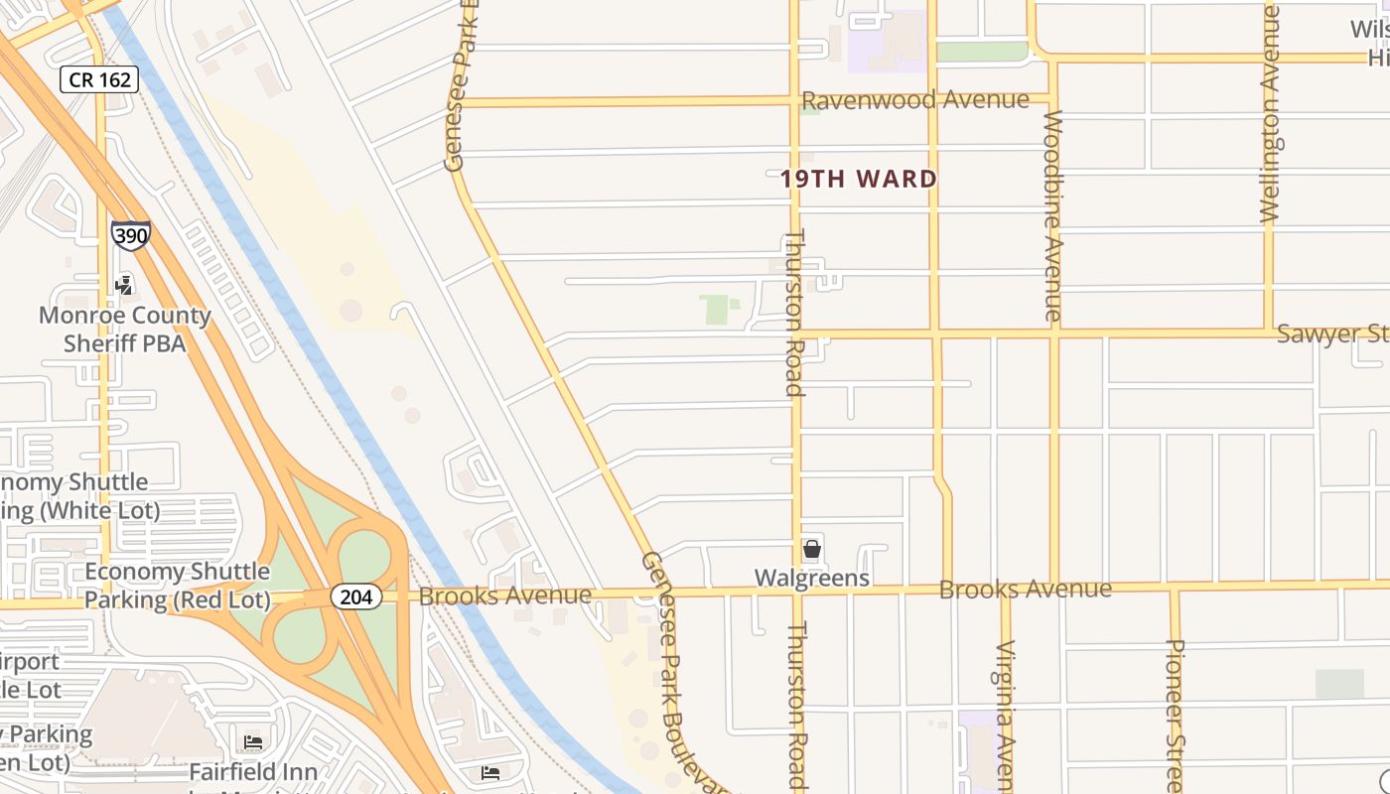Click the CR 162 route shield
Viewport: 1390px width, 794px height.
tap(99, 79)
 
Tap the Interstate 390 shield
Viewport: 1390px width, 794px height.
tap(130, 235)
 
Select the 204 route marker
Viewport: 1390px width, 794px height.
tap(355, 596)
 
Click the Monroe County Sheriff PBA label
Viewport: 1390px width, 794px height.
tap(125, 330)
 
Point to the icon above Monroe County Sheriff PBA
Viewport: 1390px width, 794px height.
tap(124, 286)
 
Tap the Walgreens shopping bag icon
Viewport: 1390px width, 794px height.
tap(812, 548)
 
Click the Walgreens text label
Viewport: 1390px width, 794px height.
tap(812, 578)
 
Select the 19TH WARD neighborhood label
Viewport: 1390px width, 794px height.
tap(859, 180)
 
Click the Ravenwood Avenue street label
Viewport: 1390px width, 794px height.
tap(914, 100)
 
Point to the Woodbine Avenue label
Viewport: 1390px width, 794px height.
tap(1053, 215)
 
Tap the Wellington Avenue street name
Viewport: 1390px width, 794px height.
tap(1269, 113)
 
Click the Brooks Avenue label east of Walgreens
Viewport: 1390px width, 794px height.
tap(1025, 589)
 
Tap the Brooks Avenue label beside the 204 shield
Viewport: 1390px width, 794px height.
tap(504, 595)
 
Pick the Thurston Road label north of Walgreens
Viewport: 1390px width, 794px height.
tap(794, 313)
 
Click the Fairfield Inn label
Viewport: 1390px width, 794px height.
tap(253, 771)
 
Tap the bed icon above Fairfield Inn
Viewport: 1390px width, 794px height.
tap(253, 741)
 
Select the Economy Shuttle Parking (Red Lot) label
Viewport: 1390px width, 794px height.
tap(177, 586)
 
